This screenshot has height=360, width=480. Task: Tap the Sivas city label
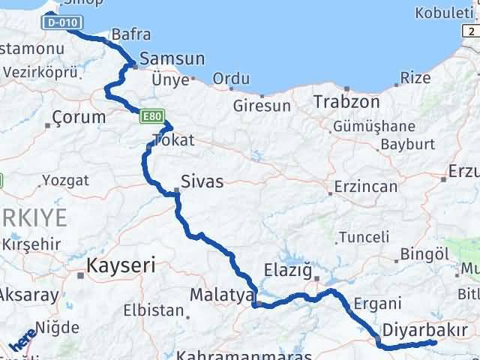pyautogui.click(x=202, y=181)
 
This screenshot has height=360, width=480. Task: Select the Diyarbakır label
pyautogui.click(x=425, y=329)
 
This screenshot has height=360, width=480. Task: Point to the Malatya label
pyautogui.click(x=222, y=295)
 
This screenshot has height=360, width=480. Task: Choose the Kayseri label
pyautogui.click(x=121, y=265)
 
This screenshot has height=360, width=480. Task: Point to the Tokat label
pyautogui.click(x=173, y=139)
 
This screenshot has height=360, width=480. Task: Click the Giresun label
pyautogui.click(x=262, y=106)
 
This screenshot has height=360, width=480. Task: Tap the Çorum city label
pyautogui.click(x=79, y=117)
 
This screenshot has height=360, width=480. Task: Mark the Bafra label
pyautogui.click(x=130, y=34)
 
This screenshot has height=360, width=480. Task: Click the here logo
pyautogui.click(x=22, y=341)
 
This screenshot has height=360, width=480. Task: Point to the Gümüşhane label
pyautogui.click(x=374, y=125)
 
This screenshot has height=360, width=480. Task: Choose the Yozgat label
pyautogui.click(x=65, y=180)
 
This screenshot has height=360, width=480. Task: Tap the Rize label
pyautogui.click(x=415, y=77)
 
